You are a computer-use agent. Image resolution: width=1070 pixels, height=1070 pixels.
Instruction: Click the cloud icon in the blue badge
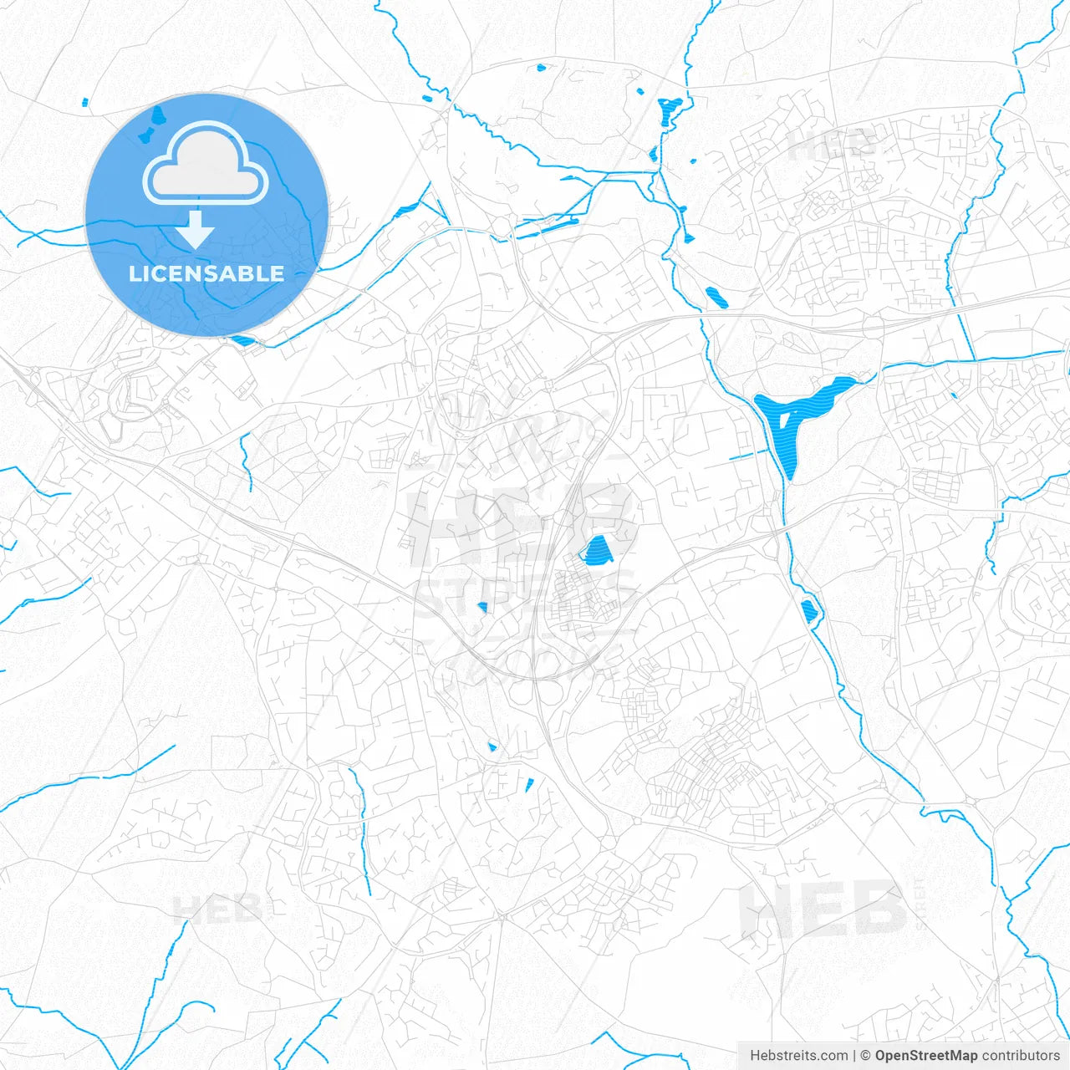(x=206, y=163)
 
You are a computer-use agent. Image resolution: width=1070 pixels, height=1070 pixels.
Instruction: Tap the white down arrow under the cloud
(x=196, y=229)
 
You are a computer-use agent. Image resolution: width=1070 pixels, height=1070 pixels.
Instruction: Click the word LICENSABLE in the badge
(x=206, y=273)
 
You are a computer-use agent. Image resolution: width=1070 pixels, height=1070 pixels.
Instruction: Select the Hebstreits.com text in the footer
(x=798, y=1056)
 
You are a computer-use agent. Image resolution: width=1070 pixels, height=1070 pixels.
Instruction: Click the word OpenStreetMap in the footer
(x=925, y=1056)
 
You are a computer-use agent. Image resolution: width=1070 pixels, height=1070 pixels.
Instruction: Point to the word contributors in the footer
(x=1021, y=1056)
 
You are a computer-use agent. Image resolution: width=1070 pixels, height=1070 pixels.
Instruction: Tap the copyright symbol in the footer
(x=865, y=1056)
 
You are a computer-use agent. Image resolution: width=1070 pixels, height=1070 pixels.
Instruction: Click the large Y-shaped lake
(x=794, y=418)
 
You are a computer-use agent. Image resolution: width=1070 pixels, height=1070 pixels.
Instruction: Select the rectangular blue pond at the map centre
(x=596, y=550)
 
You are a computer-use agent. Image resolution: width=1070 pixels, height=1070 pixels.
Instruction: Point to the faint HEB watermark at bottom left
(x=217, y=909)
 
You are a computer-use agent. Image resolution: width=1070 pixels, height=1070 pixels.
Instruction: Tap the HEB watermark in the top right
(x=832, y=146)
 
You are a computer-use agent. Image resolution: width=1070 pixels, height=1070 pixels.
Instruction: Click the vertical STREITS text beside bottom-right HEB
(x=921, y=903)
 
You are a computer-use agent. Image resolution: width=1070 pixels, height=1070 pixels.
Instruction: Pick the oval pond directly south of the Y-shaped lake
(x=809, y=611)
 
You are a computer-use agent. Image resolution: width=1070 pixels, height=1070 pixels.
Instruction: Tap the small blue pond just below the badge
(x=242, y=340)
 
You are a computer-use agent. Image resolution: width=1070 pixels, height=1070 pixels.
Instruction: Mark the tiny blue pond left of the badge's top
(x=85, y=103)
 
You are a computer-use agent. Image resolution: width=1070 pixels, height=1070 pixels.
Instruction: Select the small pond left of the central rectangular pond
(x=482, y=607)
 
